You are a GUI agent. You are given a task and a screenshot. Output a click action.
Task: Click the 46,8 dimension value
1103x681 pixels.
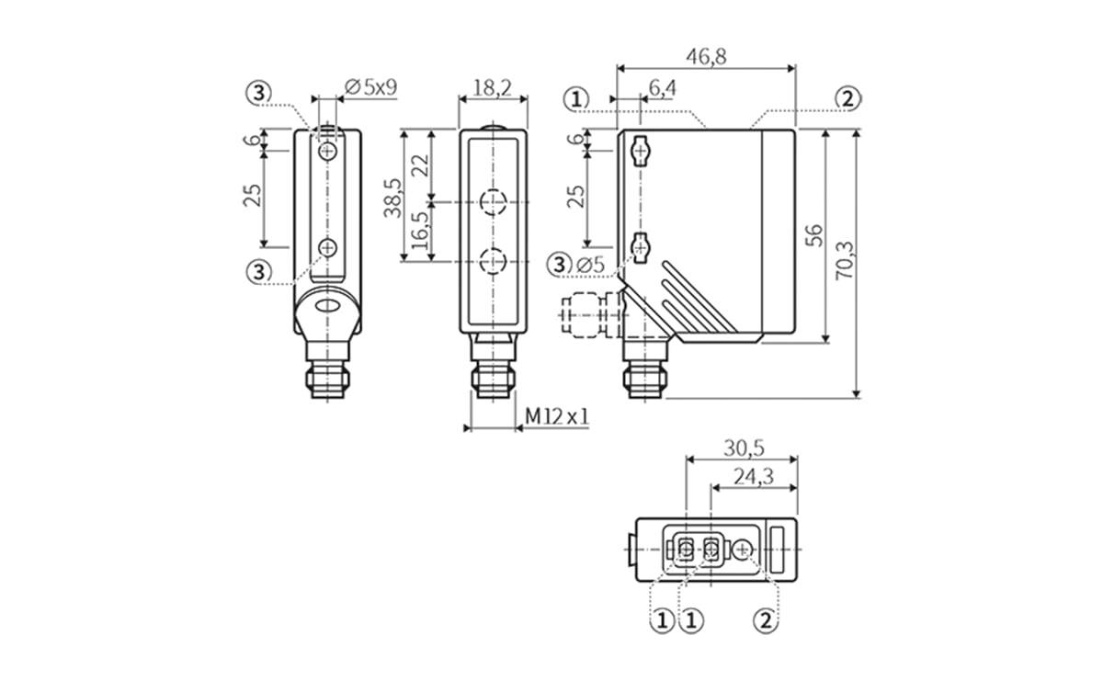[706, 56]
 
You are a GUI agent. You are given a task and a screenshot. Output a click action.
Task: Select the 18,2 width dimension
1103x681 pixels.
[492, 88]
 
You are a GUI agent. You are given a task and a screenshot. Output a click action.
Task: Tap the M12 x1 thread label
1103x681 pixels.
[556, 417]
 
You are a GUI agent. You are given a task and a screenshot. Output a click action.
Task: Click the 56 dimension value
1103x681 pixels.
[813, 235]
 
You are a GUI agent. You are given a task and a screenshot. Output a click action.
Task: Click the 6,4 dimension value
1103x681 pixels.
[662, 88]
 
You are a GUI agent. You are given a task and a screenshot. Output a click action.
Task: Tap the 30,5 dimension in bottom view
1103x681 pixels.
[744, 448]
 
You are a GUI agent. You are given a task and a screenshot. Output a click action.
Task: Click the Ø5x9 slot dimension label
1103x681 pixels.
[370, 88]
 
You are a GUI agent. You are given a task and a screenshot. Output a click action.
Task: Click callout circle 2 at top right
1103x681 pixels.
[847, 98]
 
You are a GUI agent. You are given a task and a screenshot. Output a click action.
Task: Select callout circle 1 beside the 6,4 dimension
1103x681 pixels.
[576, 98]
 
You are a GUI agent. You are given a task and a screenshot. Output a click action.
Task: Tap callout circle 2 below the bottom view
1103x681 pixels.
[764, 620]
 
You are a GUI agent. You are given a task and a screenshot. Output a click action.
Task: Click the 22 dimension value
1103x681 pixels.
[420, 166]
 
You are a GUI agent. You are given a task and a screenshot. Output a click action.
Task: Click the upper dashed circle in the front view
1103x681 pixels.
[495, 201]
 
